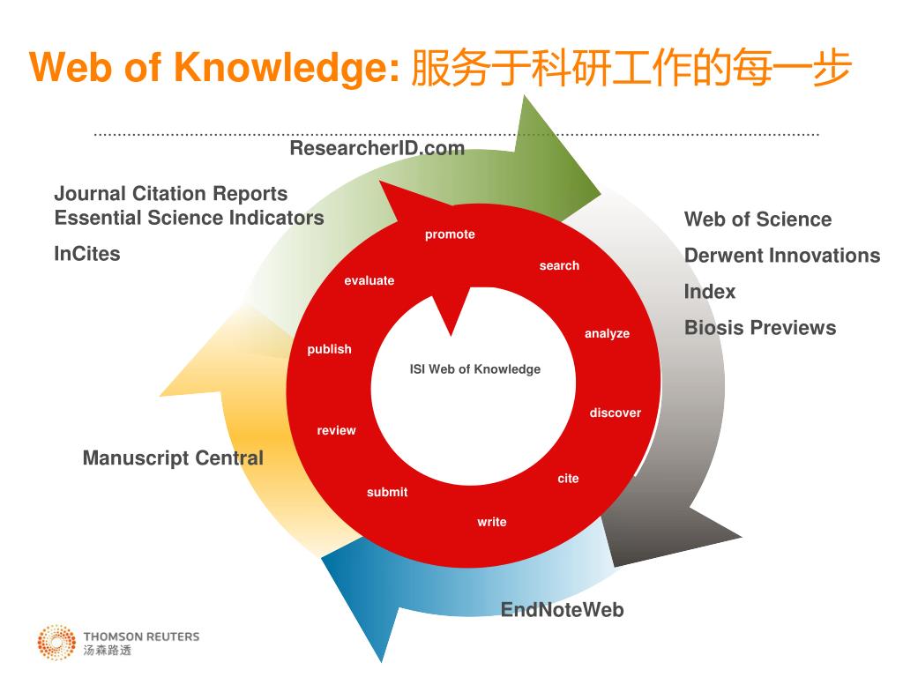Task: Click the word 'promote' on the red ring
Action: pos(450,234)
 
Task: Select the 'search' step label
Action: pos(559,266)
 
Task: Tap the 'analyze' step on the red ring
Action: pos(607,334)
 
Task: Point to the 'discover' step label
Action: pos(615,413)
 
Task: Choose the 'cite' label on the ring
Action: pos(568,479)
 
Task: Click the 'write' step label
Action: pos(492,523)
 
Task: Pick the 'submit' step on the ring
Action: pos(387,493)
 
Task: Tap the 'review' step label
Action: pos(336,431)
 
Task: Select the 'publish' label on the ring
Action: pos(329,350)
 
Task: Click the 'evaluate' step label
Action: pos(369,281)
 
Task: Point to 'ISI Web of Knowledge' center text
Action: pos(474,369)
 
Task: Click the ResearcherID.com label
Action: pos(377,148)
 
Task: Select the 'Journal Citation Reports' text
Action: pos(171,194)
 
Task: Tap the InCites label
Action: pos(87,254)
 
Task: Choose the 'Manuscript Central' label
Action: pos(173,458)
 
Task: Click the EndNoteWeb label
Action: pos(562,610)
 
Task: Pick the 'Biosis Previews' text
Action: pos(760,328)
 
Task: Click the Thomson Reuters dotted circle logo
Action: pos(56,643)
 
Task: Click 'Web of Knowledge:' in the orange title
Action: pos(214,69)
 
